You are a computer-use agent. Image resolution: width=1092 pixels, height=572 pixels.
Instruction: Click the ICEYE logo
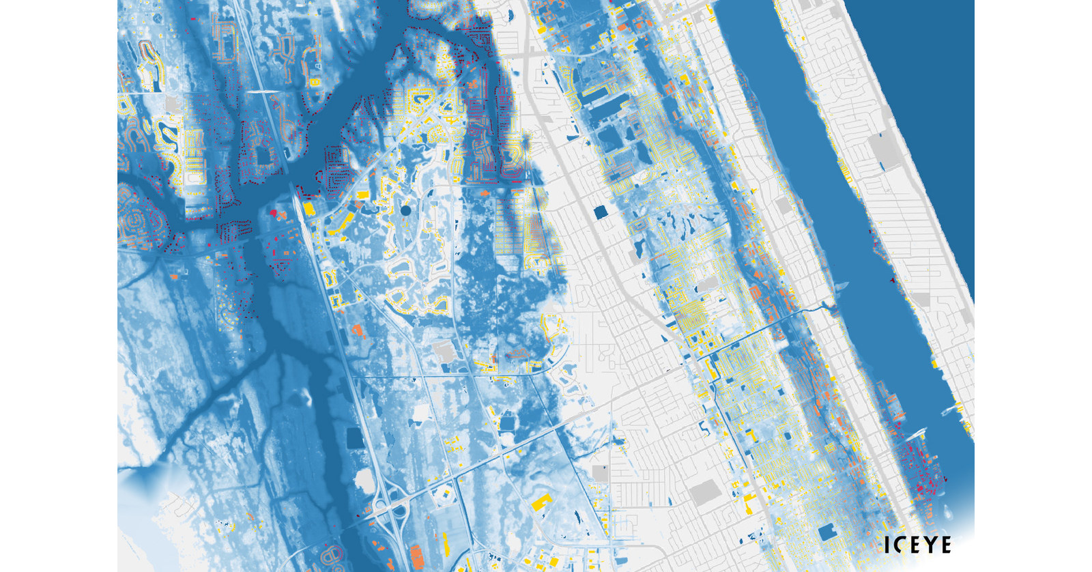tap(917, 545)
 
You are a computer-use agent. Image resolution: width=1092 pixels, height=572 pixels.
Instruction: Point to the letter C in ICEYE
tap(897, 545)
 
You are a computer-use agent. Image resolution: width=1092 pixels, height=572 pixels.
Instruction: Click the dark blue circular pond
tap(405, 211)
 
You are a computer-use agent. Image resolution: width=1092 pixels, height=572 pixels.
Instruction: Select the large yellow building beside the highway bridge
tap(308, 208)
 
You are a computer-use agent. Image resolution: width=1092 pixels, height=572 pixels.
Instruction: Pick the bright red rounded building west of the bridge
tap(274, 214)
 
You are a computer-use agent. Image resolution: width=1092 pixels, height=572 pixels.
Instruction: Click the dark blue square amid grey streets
tap(601, 213)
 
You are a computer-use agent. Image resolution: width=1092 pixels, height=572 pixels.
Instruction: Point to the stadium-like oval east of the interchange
tap(443, 498)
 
